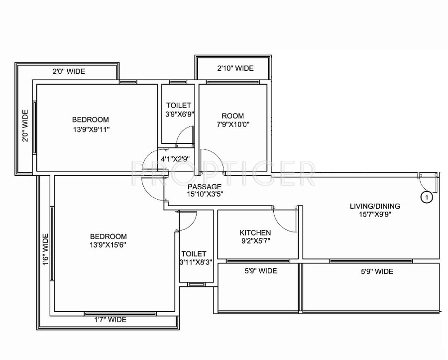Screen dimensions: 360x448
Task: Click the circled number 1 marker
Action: click(427, 197)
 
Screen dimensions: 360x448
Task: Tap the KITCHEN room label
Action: click(255, 233)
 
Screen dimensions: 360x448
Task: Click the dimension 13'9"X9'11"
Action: click(91, 129)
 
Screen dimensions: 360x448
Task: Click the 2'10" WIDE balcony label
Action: click(235, 68)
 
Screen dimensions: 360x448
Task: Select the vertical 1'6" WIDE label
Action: click(45, 250)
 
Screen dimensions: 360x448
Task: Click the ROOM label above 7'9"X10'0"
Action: click(232, 116)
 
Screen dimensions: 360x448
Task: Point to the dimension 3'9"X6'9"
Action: click(179, 114)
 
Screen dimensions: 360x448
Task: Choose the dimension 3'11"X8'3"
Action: click(196, 263)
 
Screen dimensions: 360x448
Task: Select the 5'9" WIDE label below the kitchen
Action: click(260, 271)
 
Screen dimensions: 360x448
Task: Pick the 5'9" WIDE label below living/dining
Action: click(377, 271)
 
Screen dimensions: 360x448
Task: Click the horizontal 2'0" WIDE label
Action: click(69, 71)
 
